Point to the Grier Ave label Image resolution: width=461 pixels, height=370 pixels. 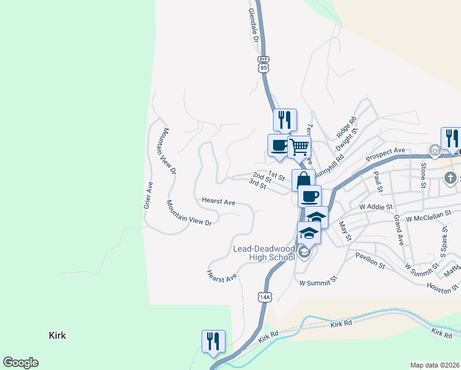coord(148,194)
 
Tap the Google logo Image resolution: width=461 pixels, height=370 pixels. coord(20,363)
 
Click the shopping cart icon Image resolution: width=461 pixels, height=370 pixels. coord(300,147)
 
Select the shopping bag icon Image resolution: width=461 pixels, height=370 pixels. coord(303,181)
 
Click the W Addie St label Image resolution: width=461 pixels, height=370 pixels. coord(367,205)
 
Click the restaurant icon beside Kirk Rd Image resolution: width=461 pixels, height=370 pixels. coord(213,342)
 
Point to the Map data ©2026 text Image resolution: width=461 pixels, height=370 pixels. coord(434,364)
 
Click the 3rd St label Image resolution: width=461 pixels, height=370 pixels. coord(257,183)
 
